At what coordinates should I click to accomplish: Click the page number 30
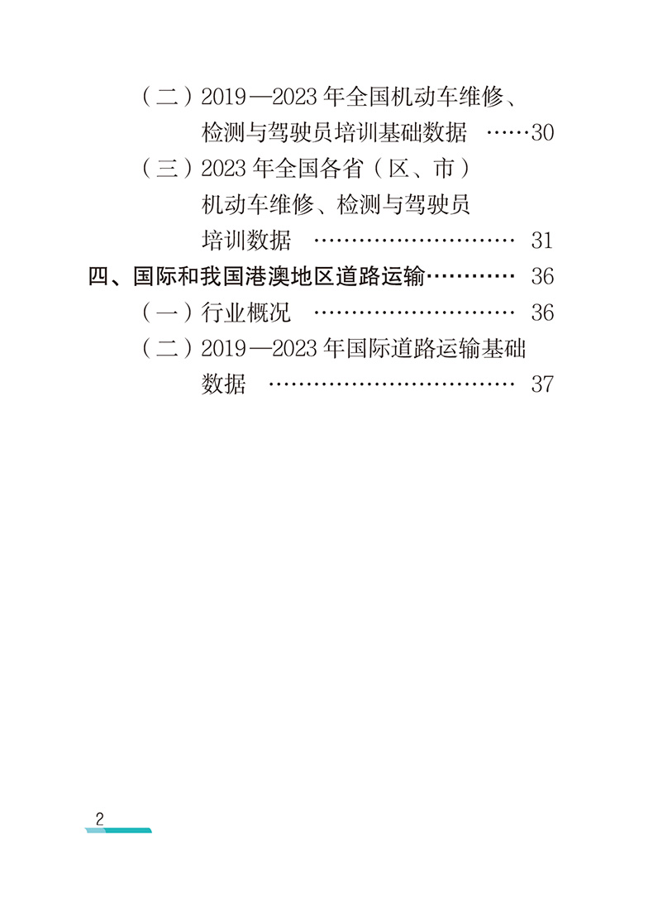coord(541,133)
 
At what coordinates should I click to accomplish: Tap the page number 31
coord(541,241)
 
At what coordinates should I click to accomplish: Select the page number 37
coord(541,384)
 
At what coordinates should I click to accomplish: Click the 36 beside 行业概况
coord(541,313)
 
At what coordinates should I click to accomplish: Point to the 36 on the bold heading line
coord(541,276)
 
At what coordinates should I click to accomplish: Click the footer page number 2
coord(99,820)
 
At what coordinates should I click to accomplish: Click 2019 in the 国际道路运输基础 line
coord(224,349)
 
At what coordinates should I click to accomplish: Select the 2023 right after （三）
coord(224,169)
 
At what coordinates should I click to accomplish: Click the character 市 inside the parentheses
coord(444,169)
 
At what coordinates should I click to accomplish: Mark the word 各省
coord(338,169)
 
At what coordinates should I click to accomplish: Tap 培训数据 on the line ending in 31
coord(246,241)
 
